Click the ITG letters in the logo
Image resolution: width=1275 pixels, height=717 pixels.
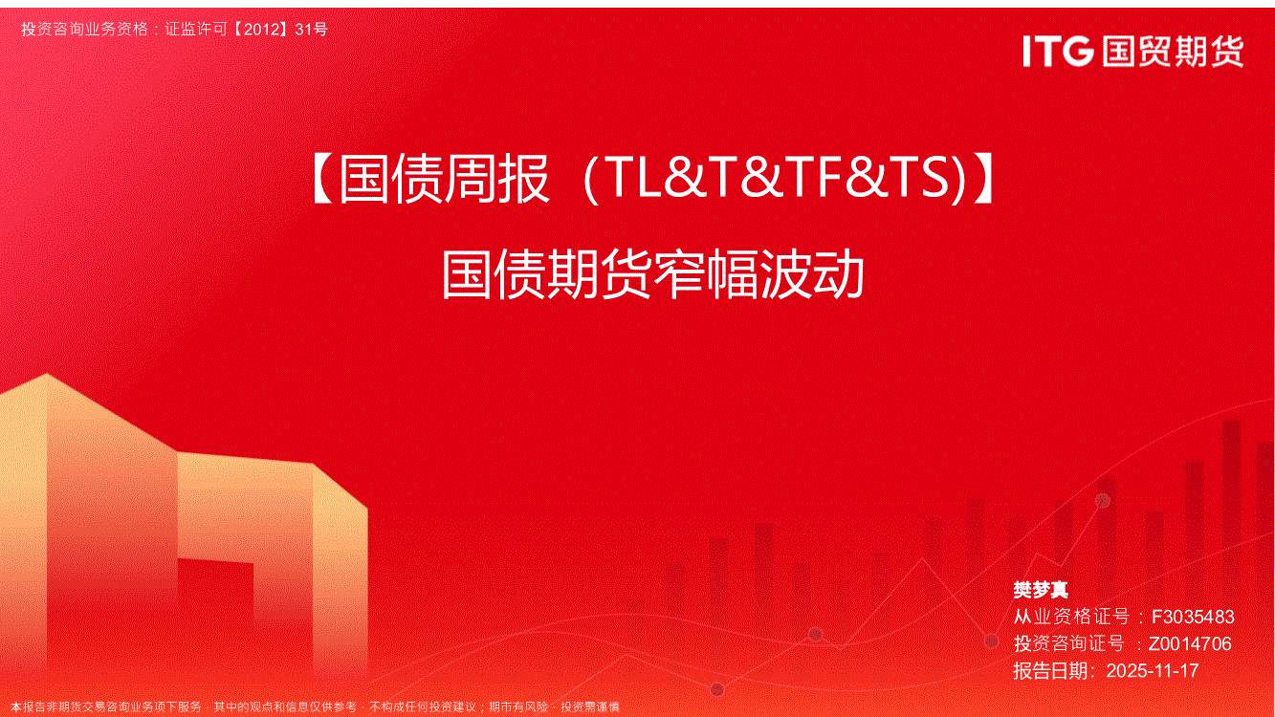[x=1058, y=52]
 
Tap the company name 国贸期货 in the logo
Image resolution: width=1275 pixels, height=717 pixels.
[x=1173, y=52]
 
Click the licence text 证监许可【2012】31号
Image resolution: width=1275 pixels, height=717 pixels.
[x=247, y=29]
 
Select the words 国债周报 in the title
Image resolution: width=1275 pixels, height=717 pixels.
[x=445, y=180]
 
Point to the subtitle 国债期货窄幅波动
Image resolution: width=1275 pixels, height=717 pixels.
[x=653, y=275]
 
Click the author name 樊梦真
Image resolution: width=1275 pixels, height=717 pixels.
[x=1041, y=590]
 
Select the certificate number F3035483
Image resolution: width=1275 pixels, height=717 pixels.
[x=1193, y=617]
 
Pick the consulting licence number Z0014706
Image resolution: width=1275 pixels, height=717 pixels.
[x=1190, y=643]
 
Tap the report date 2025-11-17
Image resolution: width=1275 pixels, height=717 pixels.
[x=1153, y=671]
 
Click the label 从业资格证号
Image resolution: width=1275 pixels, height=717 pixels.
[x=1071, y=617]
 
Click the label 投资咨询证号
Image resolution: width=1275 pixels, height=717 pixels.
[x=1069, y=643]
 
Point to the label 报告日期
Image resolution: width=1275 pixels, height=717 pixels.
[x=1051, y=671]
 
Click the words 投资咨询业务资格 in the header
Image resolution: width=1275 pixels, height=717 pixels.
[x=85, y=29]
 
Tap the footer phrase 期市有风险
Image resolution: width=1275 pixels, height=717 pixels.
[x=518, y=706]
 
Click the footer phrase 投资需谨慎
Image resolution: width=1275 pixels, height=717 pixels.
[x=590, y=706]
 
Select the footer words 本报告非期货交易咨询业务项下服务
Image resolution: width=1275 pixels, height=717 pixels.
[x=106, y=706]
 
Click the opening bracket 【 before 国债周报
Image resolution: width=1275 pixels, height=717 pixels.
[x=323, y=180]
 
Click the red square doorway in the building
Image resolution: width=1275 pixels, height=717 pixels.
[x=215, y=590]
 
